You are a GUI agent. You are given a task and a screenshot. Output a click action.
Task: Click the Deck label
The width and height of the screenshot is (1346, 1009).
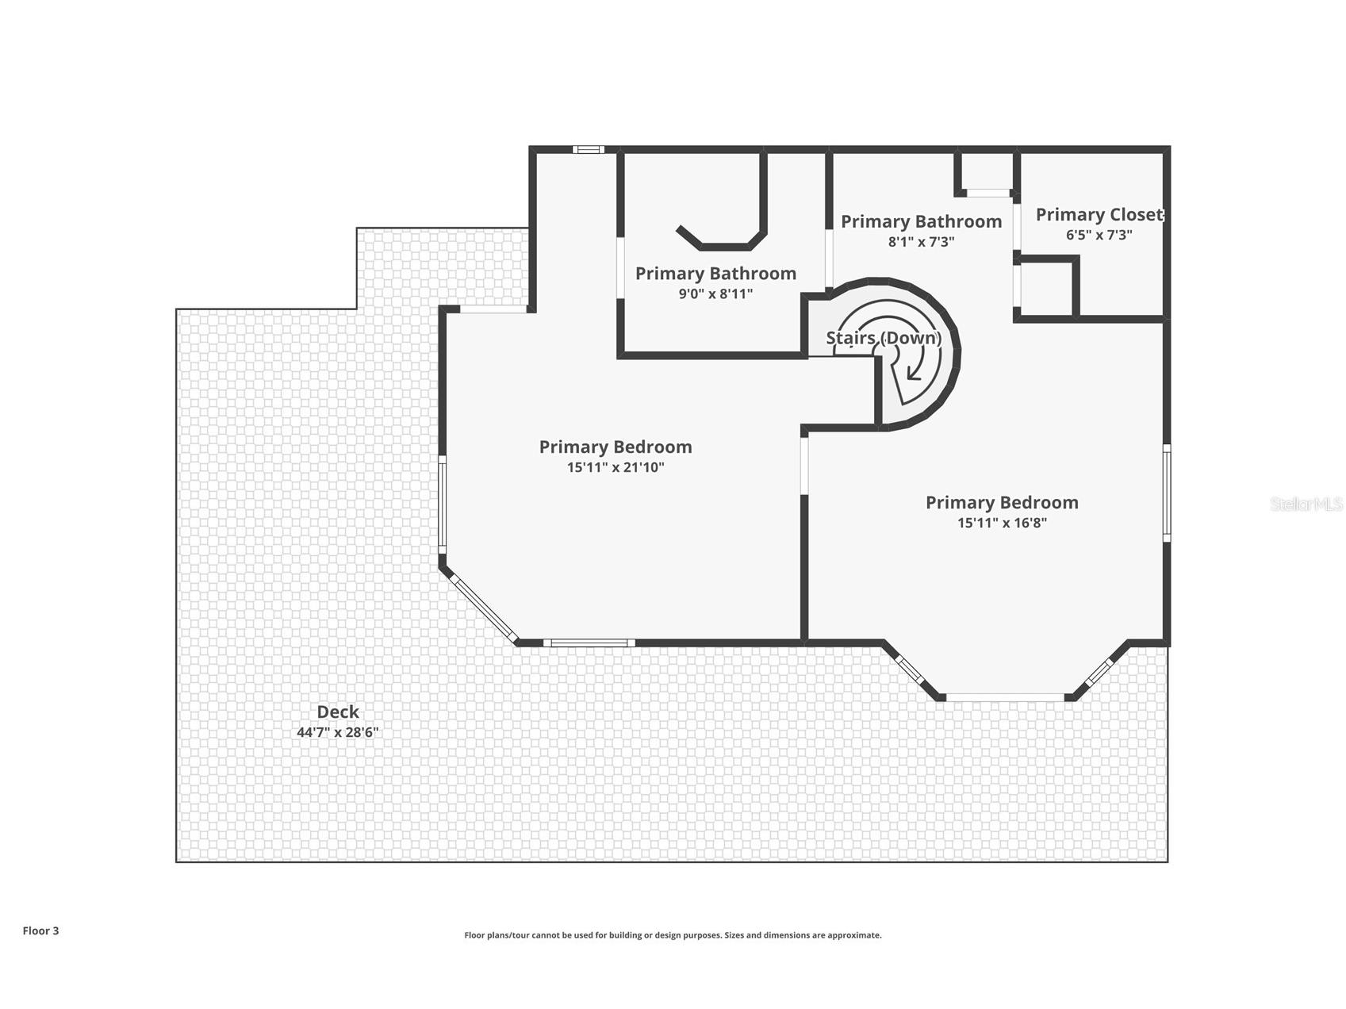[x=338, y=712]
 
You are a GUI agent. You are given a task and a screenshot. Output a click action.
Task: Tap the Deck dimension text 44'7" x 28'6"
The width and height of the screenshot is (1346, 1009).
[x=338, y=732]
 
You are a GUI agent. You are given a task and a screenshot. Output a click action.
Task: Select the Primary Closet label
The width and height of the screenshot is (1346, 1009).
[x=1099, y=215]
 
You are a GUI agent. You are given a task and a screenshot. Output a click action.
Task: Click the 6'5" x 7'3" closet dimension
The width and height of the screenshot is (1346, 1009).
[x=1099, y=235]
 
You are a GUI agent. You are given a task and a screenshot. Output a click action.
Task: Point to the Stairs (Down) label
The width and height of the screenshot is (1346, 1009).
[x=884, y=338]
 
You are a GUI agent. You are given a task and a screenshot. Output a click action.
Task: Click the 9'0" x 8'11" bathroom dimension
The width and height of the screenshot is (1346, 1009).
[x=715, y=293]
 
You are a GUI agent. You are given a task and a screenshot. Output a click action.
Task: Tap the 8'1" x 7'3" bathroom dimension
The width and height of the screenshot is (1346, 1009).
[x=921, y=241]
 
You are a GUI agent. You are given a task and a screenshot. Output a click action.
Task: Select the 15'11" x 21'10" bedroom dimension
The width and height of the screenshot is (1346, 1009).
[x=615, y=467]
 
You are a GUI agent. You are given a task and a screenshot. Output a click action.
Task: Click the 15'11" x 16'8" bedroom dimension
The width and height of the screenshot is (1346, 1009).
[x=1002, y=523]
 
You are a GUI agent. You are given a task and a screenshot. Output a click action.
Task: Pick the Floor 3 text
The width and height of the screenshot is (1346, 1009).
[x=40, y=930]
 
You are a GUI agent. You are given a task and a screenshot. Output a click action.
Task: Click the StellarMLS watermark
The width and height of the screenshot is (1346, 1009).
[x=1306, y=504]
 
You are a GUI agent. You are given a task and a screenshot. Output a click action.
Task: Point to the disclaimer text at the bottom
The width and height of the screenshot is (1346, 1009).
[x=673, y=935]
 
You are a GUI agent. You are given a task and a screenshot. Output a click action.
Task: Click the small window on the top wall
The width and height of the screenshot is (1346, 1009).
[x=589, y=149]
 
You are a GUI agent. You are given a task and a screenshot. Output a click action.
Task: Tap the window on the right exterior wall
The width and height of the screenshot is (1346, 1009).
[x=1167, y=493]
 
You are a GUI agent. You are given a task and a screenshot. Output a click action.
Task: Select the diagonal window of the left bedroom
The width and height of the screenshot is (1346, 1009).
[x=484, y=608]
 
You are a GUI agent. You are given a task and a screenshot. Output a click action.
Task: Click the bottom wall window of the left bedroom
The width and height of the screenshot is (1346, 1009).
[x=589, y=643]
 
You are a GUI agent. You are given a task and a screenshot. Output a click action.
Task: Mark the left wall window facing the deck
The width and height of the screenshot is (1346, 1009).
[x=443, y=504]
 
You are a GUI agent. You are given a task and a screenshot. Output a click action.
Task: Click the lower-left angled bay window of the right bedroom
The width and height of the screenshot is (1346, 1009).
[x=909, y=668]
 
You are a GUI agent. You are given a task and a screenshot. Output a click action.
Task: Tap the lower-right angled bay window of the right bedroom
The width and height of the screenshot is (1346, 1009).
[x=1100, y=672]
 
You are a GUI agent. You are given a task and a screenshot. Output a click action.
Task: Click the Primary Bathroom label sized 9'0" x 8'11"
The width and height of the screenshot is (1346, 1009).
[x=715, y=274]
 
